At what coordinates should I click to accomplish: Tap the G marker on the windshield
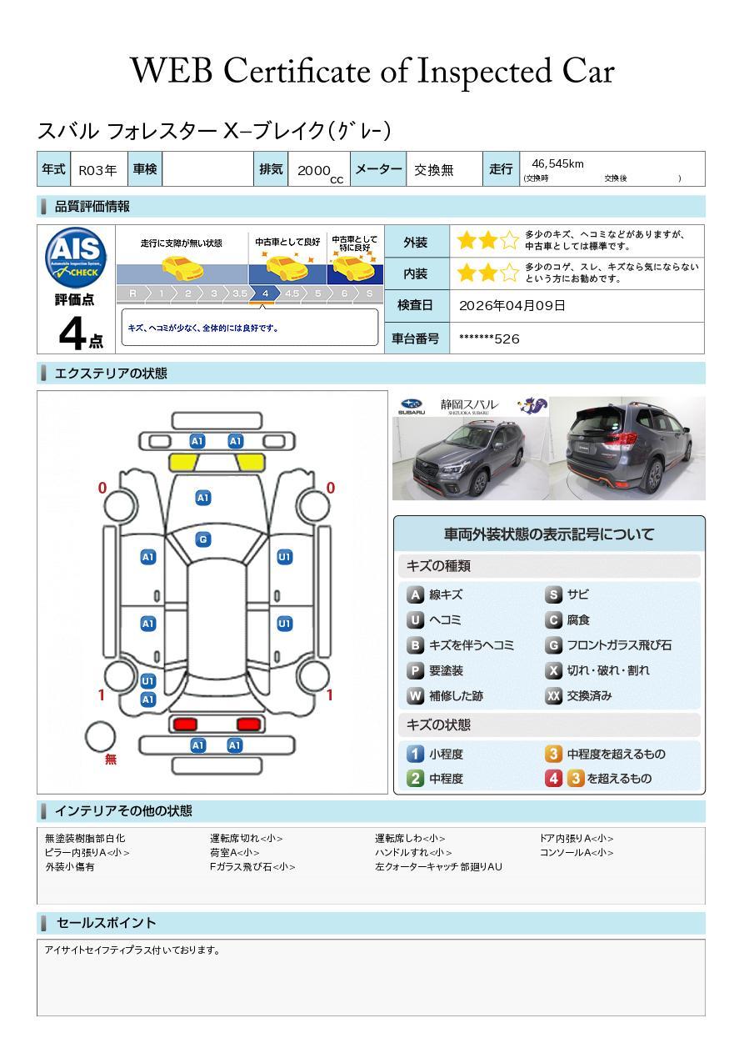coord(202,539)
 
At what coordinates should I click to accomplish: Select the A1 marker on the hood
coord(202,498)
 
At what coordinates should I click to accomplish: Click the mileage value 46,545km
coord(557,164)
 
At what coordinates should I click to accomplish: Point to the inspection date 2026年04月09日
coord(512,306)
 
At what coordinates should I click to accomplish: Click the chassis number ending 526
coord(489,338)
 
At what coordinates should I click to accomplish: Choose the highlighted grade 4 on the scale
coord(265,293)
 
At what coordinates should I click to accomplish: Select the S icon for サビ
coord(553,595)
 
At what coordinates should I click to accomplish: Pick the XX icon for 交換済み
coord(553,696)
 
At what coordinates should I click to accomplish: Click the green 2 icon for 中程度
coord(415,779)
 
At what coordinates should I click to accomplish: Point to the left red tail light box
coord(184,724)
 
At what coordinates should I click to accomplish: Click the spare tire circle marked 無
coord(101,737)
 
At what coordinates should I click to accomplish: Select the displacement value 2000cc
coord(319,171)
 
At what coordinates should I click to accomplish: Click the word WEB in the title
coord(172,72)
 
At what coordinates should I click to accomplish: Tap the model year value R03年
coord(97,170)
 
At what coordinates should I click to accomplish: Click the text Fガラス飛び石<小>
coord(252,867)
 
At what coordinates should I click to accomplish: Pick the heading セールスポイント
coord(106,923)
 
